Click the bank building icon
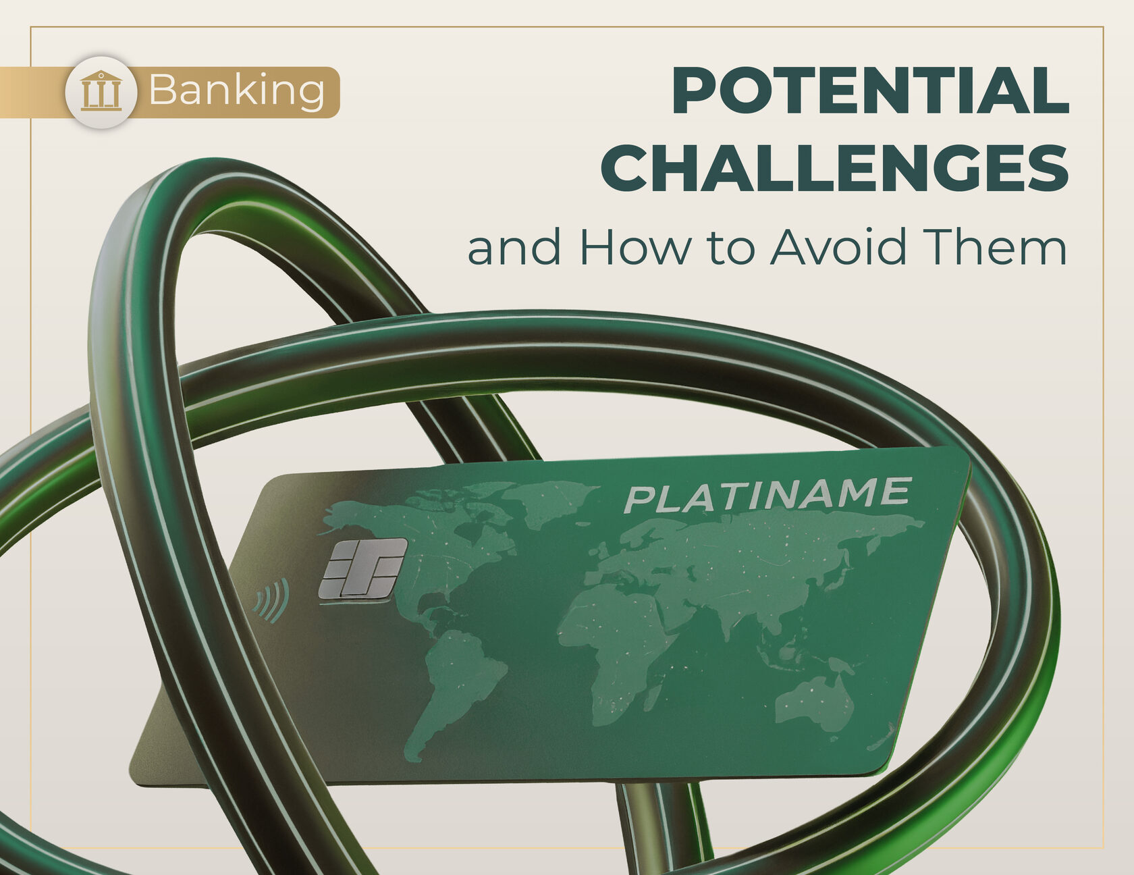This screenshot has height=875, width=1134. (x=101, y=91)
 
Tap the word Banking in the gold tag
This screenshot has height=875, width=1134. (x=237, y=91)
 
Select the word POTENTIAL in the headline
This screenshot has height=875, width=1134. (x=871, y=91)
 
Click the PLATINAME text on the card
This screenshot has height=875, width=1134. (x=767, y=495)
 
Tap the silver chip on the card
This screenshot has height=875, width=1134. (x=362, y=568)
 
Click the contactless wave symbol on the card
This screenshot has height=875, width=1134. (x=272, y=600)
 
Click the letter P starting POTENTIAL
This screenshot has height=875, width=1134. (x=694, y=91)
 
